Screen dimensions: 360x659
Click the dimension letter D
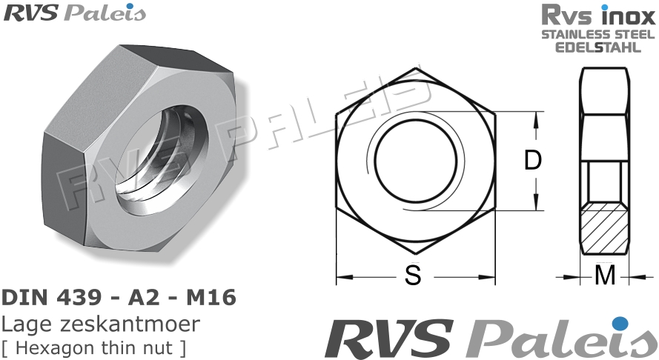coord(533,161)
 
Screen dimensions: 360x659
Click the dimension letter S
coord(413,276)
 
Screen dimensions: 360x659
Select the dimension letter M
coord(606,276)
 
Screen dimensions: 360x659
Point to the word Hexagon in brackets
coord(47,347)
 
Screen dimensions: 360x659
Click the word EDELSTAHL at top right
coord(598,47)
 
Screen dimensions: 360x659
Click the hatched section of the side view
coord(606,230)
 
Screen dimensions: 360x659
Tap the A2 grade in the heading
coord(148,298)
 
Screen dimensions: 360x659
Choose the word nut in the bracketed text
coord(158,347)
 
